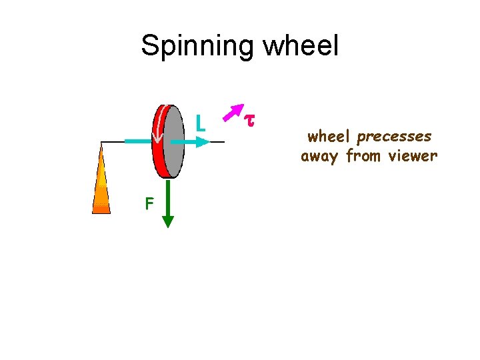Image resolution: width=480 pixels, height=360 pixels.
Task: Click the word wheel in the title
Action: (x=301, y=47)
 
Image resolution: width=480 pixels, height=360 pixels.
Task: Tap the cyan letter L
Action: (x=200, y=123)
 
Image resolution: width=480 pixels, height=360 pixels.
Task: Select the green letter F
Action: (x=149, y=203)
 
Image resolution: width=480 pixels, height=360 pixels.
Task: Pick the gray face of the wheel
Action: (x=174, y=141)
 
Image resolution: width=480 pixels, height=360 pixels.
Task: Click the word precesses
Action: (x=394, y=137)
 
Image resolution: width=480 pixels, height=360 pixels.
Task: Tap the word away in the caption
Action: (x=321, y=157)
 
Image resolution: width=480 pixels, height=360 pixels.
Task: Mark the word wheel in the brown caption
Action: (x=330, y=137)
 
